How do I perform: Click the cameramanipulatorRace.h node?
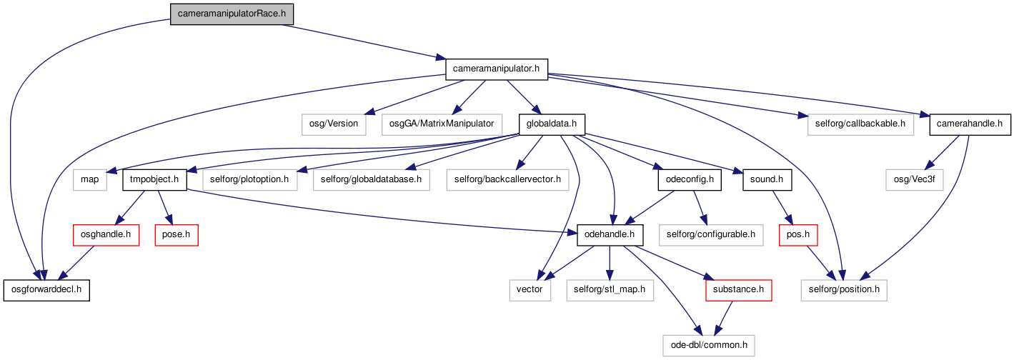[x=232, y=14]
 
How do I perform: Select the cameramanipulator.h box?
[x=497, y=69]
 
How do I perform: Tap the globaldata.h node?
[x=552, y=124]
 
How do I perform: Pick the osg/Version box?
[x=334, y=124]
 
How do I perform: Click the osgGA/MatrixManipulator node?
[x=442, y=124]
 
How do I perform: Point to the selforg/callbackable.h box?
[x=860, y=124]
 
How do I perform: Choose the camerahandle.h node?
[x=970, y=124]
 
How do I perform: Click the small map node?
[x=89, y=180]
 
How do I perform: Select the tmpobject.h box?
[x=154, y=180]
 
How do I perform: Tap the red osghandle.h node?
[x=106, y=235]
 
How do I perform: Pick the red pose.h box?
[x=177, y=235]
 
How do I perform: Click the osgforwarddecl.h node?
[x=46, y=290]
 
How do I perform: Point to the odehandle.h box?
[x=610, y=235]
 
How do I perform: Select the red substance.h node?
[x=739, y=290]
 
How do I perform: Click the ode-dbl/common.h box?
[x=709, y=346]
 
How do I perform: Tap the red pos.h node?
[x=798, y=235]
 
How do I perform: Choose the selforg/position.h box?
[x=844, y=290]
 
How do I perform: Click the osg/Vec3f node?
[x=915, y=180]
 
